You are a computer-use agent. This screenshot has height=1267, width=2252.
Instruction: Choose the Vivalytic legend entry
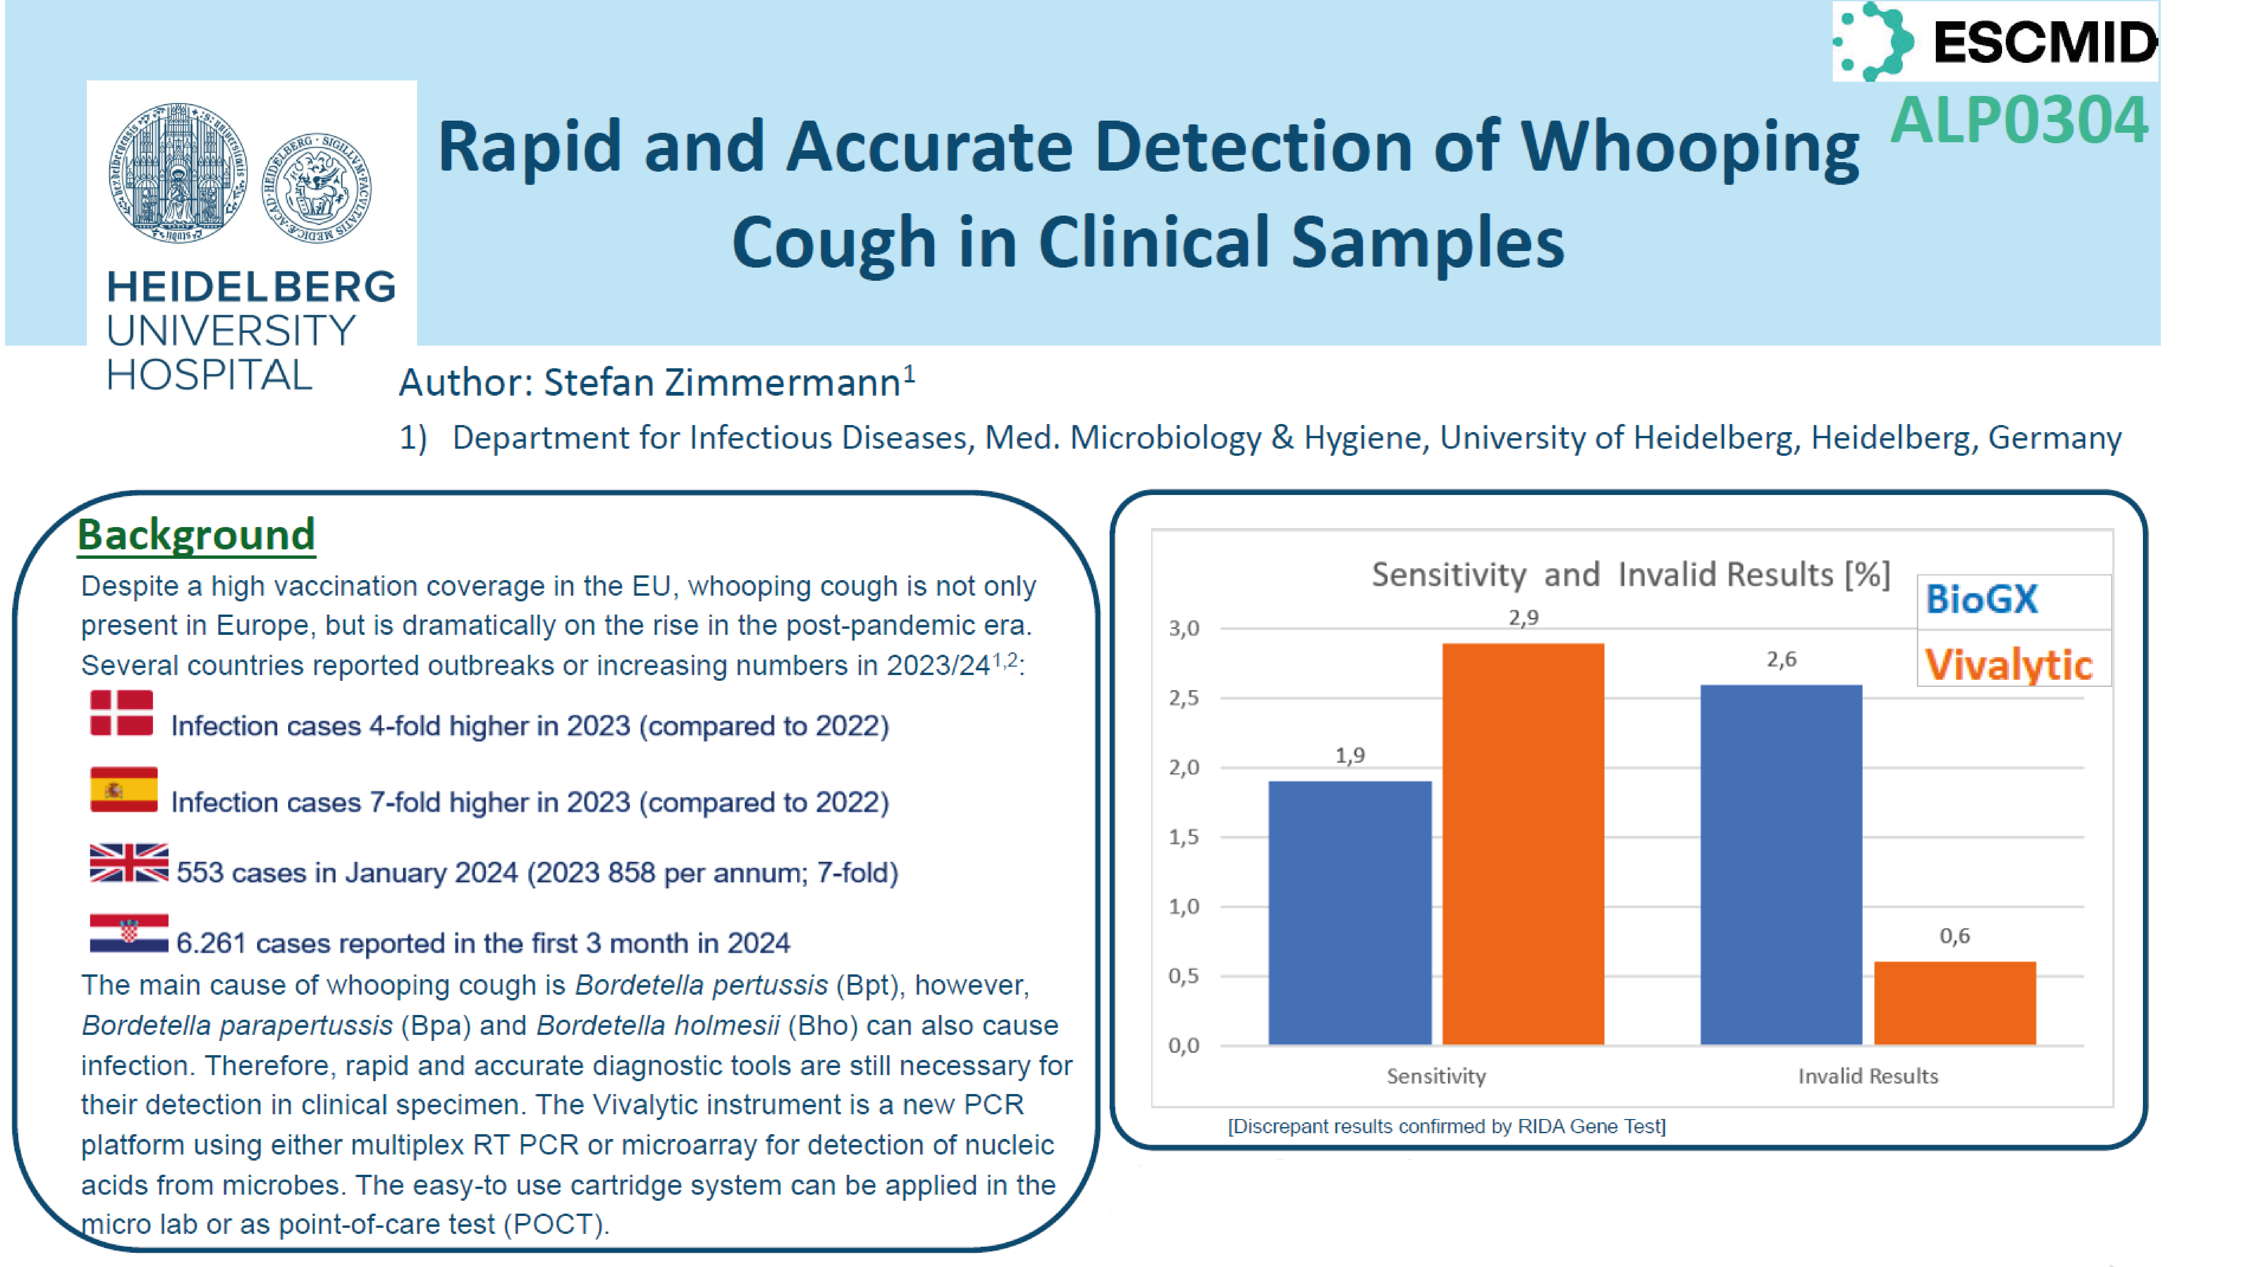[x=2008, y=665]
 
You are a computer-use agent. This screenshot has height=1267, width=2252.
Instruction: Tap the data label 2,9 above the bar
[x=1523, y=617]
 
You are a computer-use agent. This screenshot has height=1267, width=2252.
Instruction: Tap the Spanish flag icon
[x=123, y=790]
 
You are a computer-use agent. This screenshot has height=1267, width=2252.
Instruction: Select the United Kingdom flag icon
[x=128, y=863]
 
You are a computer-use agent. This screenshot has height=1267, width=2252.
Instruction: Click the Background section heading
[x=196, y=534]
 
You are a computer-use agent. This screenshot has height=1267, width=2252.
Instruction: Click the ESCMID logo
[x=1994, y=41]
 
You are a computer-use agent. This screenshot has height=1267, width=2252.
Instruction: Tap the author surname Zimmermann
[x=782, y=382]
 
